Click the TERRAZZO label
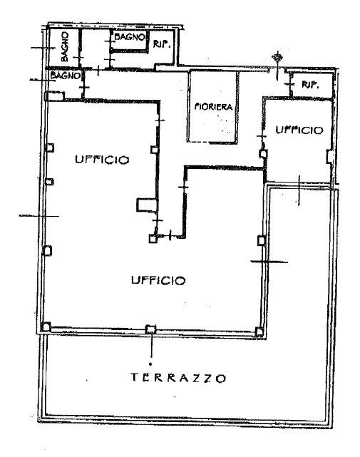tap(178, 378)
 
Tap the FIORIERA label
tap(214, 107)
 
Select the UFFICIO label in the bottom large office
tap(158, 280)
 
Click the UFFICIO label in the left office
tap(102, 160)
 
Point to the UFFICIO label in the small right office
tap(299, 130)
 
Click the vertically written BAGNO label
tap(65, 46)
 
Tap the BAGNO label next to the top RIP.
tap(129, 37)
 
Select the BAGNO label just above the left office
tap(66, 76)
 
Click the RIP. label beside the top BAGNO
tap(162, 45)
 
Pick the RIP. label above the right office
tap(310, 85)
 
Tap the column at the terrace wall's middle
tap(150, 329)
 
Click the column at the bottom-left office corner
tap(46, 327)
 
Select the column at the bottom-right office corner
tap(259, 332)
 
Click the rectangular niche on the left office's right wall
tap(147, 205)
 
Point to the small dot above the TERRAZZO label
tap(150, 364)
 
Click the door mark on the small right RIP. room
tap(291, 84)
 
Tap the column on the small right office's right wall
tap(330, 157)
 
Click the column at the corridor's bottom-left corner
tap(153, 239)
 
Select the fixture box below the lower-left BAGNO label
tap(56, 96)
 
